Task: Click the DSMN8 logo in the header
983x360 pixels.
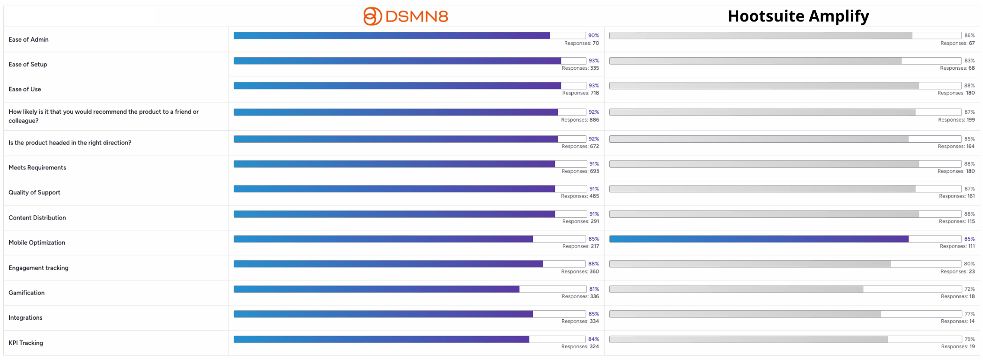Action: pyautogui.click(x=406, y=16)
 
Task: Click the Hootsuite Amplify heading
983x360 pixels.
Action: pyautogui.click(x=798, y=16)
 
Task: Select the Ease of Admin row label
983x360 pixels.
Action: pyautogui.click(x=29, y=39)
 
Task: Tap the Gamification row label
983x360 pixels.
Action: pyautogui.click(x=27, y=293)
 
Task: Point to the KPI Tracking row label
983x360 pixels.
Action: pyautogui.click(x=26, y=343)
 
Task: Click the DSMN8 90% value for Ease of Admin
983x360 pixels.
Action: pyautogui.click(x=594, y=36)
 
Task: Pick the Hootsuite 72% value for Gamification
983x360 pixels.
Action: pyautogui.click(x=969, y=289)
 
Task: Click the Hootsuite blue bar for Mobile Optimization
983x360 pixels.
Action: pyautogui.click(x=759, y=239)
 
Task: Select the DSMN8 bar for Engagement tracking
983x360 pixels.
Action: pyautogui.click(x=388, y=264)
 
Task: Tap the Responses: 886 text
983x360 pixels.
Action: pyautogui.click(x=580, y=120)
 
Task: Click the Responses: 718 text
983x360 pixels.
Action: pyautogui.click(x=581, y=93)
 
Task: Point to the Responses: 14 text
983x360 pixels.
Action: pyautogui.click(x=958, y=322)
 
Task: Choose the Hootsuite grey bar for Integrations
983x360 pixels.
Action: pyautogui.click(x=745, y=314)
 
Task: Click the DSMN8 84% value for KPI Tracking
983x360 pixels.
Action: pyautogui.click(x=594, y=339)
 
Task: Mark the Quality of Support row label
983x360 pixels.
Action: pyautogui.click(x=34, y=192)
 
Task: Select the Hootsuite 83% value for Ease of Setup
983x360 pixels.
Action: pyautogui.click(x=969, y=61)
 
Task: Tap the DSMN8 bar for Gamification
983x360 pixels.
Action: pyautogui.click(x=377, y=289)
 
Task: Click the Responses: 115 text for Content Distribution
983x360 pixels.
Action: pyautogui.click(x=957, y=221)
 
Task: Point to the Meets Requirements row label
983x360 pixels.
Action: pyautogui.click(x=37, y=168)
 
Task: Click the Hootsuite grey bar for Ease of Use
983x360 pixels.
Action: pyautogui.click(x=764, y=86)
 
